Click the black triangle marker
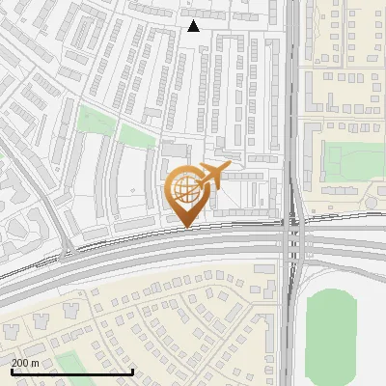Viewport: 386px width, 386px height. click(x=194, y=26)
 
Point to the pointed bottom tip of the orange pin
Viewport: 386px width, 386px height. click(x=185, y=227)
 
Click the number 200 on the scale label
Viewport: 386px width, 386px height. click(x=21, y=362)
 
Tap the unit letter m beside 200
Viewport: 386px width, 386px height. click(x=36, y=362)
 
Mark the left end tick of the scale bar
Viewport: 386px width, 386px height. click(x=11, y=370)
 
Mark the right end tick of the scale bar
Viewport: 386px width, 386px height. click(x=132, y=370)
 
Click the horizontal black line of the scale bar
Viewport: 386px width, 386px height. click(x=71, y=372)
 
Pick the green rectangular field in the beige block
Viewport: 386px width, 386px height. click(x=345, y=159)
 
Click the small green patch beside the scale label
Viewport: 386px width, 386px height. click(x=68, y=361)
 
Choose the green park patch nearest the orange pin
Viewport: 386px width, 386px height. click(x=139, y=137)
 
